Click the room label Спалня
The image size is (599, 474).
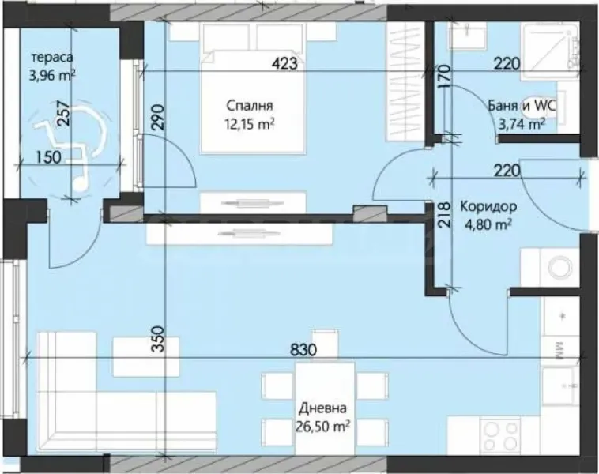(249, 105)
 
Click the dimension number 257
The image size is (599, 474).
(63, 118)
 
